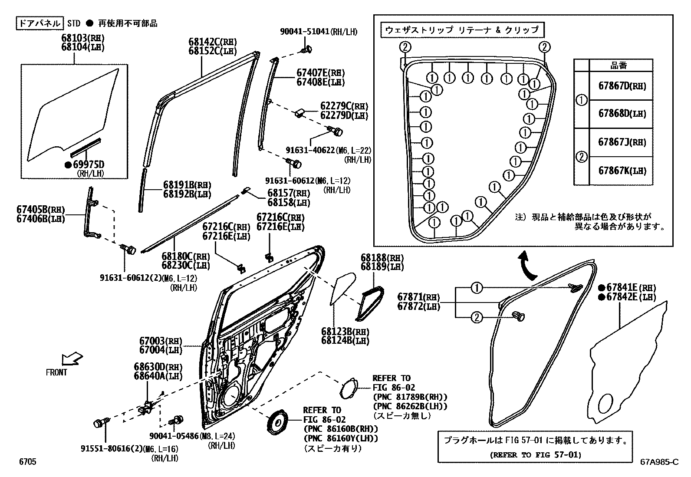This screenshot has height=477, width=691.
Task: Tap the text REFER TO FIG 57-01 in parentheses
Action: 535,455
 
